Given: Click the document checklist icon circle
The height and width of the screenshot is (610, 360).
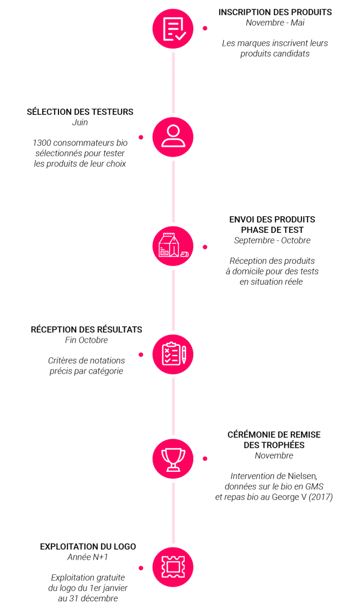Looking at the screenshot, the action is [173, 28].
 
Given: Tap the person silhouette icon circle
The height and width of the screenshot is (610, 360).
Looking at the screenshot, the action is [173, 137].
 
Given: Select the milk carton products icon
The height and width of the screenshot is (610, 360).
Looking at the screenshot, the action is [173, 246].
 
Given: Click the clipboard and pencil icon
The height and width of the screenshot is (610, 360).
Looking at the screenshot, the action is [173, 354].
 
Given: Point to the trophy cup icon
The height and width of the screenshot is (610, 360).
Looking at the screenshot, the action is [173, 459].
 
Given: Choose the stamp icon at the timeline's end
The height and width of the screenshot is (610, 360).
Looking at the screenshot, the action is [173, 567].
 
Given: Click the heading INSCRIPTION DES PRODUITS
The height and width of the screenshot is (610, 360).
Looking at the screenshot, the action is [275, 12].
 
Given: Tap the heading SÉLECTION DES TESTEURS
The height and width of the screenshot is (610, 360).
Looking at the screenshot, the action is [80, 112].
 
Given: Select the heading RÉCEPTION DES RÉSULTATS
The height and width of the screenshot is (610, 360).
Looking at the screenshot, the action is [86, 329].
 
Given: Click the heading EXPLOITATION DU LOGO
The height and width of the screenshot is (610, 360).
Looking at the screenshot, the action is [88, 546].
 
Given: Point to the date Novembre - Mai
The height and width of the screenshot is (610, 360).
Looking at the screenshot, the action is [275, 22].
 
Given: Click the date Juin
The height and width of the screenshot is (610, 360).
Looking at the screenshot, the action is [80, 123].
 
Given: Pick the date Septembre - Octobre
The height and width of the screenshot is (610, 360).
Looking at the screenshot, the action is [272, 240].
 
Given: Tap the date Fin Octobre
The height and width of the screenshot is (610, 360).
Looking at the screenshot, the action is [86, 340].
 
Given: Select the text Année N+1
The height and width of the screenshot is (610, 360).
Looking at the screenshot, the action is [87, 557].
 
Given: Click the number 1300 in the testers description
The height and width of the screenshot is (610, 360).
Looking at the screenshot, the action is [42, 143].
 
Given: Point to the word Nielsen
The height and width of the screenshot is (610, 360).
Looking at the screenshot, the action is [303, 476].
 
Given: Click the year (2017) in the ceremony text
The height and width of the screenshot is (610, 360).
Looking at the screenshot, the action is [320, 497].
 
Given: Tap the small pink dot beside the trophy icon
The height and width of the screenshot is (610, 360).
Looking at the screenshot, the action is [205, 459].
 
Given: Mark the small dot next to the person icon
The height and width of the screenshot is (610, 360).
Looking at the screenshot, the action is [141, 137].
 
